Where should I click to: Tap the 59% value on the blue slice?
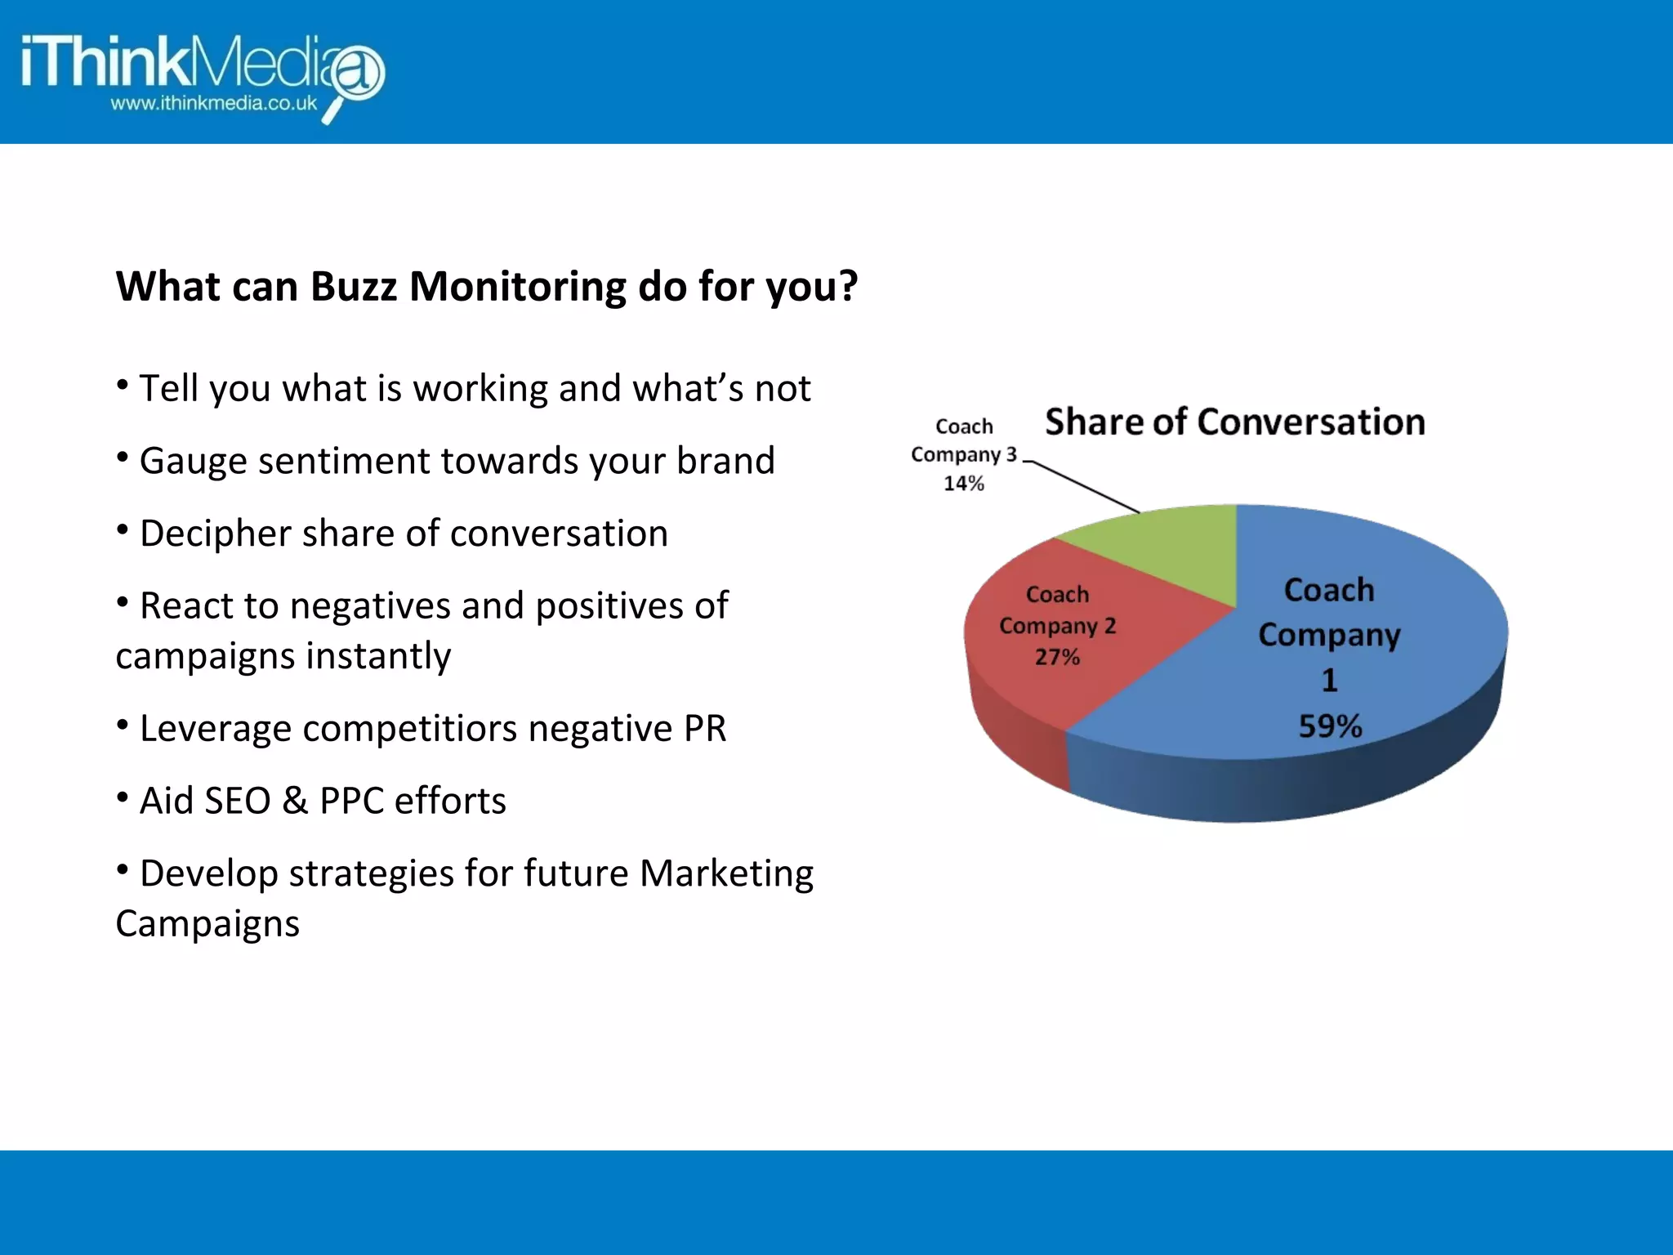tap(1330, 726)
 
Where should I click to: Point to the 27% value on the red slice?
tap(1057, 657)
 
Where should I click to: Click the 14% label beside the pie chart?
tap(964, 484)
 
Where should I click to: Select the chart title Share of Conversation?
tap(1234, 422)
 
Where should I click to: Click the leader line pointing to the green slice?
tap(1086, 487)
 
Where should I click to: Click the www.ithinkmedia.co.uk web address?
tap(214, 104)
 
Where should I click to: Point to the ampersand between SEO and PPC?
tap(295, 801)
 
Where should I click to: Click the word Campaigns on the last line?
tap(207, 924)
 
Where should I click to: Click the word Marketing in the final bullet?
tap(726, 873)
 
